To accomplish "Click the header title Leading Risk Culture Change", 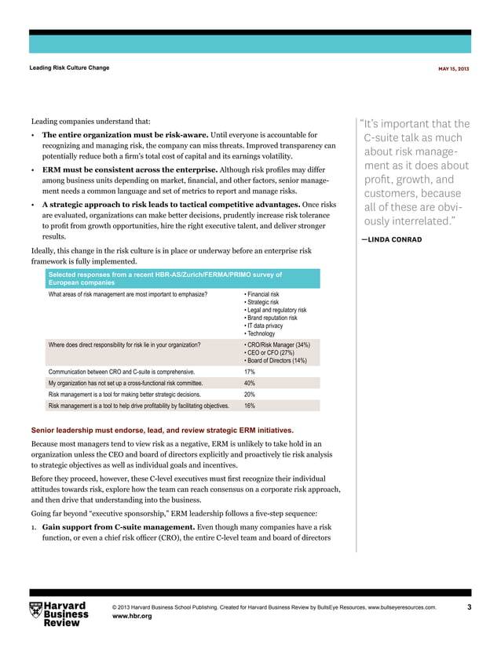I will pos(69,67).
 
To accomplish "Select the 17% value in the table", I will pos(250,371).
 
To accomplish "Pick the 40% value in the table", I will pos(250,383).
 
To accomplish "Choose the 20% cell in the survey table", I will pos(250,395).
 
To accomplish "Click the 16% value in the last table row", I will pos(250,406).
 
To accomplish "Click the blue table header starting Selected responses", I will pos(165,278).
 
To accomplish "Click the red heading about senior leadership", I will pos(162,431).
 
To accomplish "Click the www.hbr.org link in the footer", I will pos(132,617).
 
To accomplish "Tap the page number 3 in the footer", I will pos(469,608).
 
